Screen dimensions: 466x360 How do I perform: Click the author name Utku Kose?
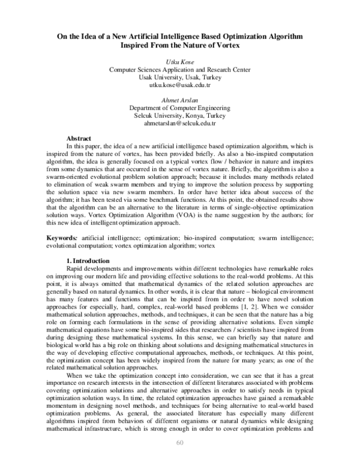179,62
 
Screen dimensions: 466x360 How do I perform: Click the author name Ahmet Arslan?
179,100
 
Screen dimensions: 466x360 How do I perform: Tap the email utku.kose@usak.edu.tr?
179,85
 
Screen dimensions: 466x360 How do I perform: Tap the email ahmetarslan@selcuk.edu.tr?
179,123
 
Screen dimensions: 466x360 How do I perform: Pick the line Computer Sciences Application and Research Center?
179,70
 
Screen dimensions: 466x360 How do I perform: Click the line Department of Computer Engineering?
179,107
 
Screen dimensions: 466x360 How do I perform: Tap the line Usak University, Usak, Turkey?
179,77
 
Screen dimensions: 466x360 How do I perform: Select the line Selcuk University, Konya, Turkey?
179,115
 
